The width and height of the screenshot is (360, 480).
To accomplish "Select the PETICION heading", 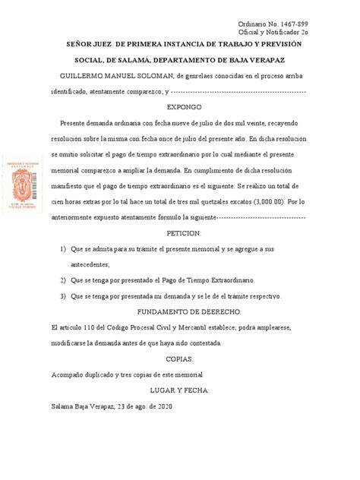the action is [183, 232].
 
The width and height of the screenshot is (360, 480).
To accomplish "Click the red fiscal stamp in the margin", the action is [28, 183].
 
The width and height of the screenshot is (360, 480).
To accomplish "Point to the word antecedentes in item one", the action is [89, 264].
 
